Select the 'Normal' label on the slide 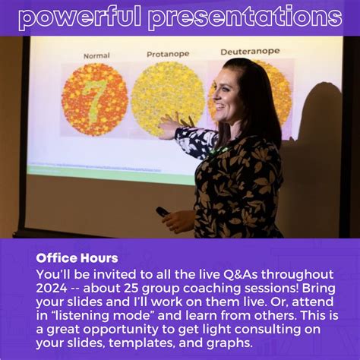click(x=96, y=55)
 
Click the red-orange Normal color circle click(x=94, y=99)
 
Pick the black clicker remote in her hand click(x=163, y=212)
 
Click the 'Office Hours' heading click(x=77, y=258)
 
